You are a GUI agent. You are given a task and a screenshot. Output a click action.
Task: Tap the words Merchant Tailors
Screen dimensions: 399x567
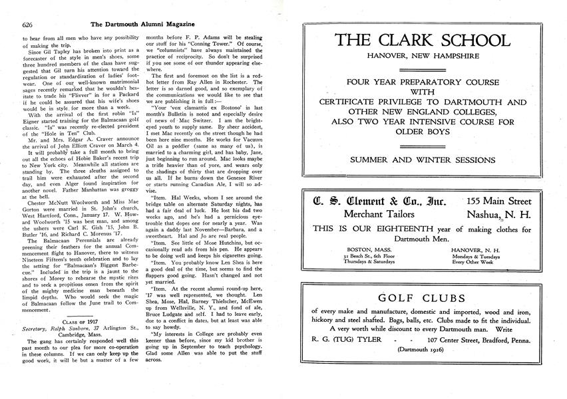coord(377,214)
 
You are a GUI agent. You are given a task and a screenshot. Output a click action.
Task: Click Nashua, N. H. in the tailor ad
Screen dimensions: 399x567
coord(498,214)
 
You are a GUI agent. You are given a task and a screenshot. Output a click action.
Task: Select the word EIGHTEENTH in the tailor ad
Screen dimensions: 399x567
coord(403,229)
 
